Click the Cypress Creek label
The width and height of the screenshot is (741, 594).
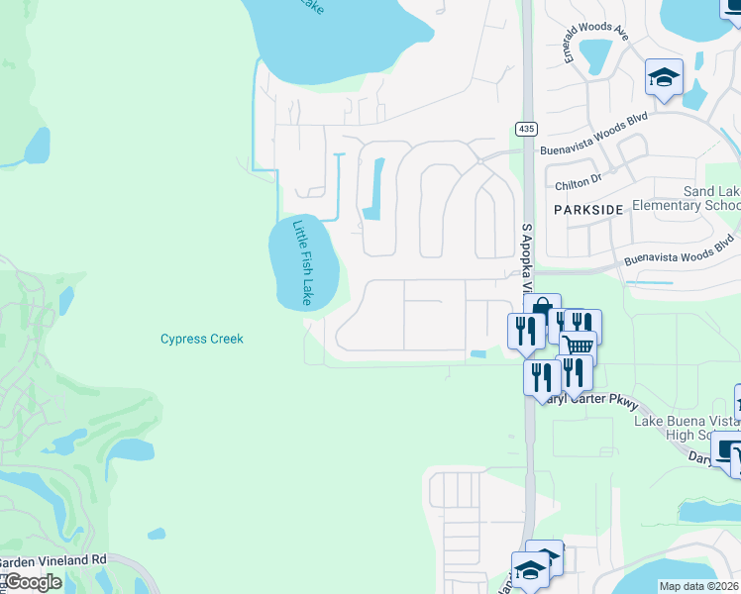click(202, 339)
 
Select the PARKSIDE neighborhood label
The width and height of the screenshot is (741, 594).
click(588, 210)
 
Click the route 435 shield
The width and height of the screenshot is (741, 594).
click(525, 130)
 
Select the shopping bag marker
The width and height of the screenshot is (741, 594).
click(541, 309)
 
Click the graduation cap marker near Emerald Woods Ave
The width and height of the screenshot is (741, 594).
click(664, 76)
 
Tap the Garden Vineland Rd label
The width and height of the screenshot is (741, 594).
click(53, 559)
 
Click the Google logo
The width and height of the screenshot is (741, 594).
click(32, 582)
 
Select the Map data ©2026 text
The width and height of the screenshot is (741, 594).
click(699, 586)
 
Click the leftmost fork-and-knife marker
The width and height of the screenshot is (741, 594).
click(525, 329)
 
